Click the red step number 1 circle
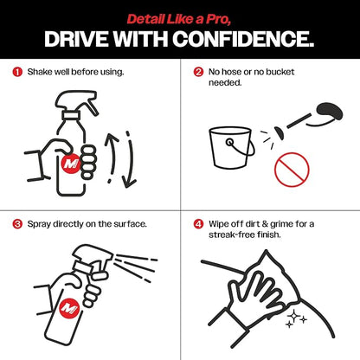(17, 72)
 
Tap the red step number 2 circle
(198, 72)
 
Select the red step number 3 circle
(17, 224)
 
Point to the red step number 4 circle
(198, 224)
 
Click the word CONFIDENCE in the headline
(243, 39)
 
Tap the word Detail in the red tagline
(145, 19)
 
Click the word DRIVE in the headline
(76, 39)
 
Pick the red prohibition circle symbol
(292, 170)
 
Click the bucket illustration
(232, 148)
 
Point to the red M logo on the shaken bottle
(71, 164)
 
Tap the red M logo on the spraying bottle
(69, 308)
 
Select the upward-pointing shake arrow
(111, 157)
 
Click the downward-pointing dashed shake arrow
(130, 159)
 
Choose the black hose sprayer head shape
(330, 112)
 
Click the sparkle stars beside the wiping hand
(296, 319)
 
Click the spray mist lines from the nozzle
(136, 267)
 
